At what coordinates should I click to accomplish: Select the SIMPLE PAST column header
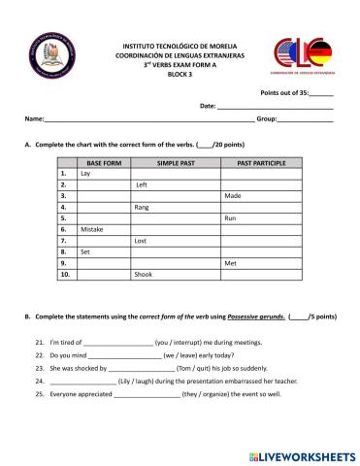[176, 163]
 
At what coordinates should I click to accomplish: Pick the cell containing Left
[142, 184]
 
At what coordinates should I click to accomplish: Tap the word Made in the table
[233, 196]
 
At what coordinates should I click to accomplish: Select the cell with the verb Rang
[142, 207]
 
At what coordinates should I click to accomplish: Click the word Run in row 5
[230, 218]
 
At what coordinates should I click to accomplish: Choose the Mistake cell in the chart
[92, 229]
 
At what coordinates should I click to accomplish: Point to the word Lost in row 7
[141, 241]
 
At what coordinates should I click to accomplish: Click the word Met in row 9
[230, 263]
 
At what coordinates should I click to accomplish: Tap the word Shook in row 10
[143, 275]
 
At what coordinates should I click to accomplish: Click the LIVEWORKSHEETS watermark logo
[303, 454]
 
